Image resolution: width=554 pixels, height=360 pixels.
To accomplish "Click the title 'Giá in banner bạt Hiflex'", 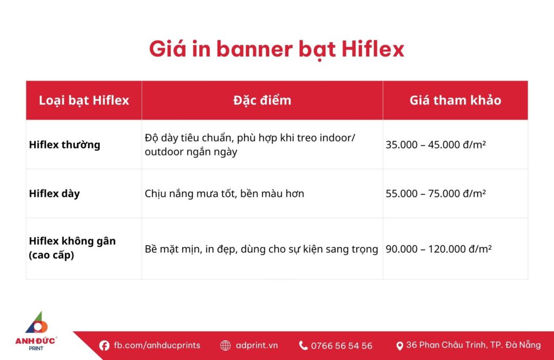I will click(276, 49).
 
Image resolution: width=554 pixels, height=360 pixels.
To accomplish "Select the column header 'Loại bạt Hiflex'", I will click(84, 100).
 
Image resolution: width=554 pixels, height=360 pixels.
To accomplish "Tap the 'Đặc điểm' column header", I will click(262, 100).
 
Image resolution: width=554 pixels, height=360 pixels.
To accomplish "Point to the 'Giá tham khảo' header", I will click(455, 100).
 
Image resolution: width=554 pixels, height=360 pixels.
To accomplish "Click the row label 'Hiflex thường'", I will click(64, 145).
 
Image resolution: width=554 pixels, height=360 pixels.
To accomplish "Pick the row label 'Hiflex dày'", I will click(54, 193).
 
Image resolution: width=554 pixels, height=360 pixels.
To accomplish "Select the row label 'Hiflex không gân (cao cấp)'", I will click(72, 248).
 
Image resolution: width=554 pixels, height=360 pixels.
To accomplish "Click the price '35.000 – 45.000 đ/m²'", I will click(436, 145).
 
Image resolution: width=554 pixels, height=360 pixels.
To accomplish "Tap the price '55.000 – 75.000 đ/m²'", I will click(436, 193).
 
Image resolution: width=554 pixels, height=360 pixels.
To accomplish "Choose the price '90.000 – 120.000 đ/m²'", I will click(438, 249).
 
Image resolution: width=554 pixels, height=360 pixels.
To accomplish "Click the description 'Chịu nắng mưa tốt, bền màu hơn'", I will click(225, 193).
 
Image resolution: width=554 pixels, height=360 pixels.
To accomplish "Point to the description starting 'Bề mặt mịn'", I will click(261, 249).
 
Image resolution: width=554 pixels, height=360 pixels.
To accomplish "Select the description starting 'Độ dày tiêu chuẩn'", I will click(250, 145).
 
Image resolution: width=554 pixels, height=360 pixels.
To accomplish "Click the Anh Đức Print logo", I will click(36, 330).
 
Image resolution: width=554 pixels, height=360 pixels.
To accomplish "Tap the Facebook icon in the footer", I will click(104, 345).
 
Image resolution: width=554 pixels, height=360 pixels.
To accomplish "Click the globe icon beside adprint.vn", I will click(226, 345).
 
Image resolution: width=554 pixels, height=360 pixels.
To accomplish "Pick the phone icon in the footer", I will click(304, 345).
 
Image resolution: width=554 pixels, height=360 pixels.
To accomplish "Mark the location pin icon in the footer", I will click(400, 345).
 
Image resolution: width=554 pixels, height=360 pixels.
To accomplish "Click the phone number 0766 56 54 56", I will click(341, 345).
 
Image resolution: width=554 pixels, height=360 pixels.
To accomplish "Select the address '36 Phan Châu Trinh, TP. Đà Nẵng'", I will click(473, 345).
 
